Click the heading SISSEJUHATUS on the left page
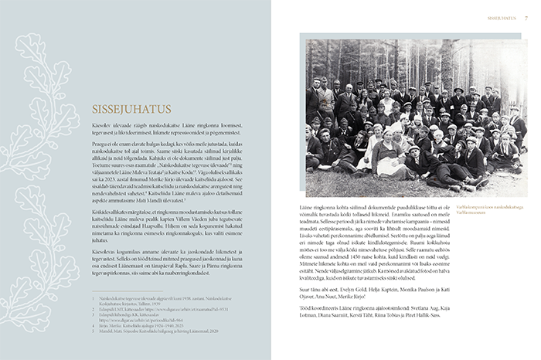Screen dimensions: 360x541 point(130,109)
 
